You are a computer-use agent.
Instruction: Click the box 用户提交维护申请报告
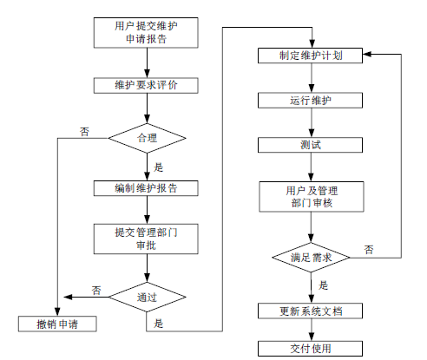(x=146, y=33)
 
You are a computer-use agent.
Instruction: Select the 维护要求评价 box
(x=146, y=85)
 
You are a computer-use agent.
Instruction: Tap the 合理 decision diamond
(x=147, y=138)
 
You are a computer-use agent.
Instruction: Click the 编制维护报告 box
(x=146, y=188)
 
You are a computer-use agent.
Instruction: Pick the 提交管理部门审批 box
(x=146, y=239)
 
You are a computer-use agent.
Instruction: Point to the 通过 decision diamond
(x=147, y=297)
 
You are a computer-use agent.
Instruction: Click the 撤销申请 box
(x=57, y=324)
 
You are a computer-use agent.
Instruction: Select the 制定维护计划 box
(x=310, y=56)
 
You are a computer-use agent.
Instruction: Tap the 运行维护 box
(x=310, y=101)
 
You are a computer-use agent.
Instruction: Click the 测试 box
(x=310, y=145)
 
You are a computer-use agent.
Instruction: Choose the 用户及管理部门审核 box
(x=312, y=197)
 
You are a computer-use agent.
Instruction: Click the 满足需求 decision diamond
(x=311, y=258)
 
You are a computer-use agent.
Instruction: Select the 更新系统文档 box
(x=310, y=311)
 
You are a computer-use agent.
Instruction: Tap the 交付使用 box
(x=310, y=349)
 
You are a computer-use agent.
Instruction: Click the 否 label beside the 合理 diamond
(x=84, y=132)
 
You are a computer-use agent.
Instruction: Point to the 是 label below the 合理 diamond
(x=158, y=167)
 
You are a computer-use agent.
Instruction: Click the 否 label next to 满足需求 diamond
(x=369, y=250)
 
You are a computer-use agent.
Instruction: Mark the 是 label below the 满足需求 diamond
(x=323, y=285)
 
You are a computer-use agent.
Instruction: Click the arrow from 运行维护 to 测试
(x=312, y=122)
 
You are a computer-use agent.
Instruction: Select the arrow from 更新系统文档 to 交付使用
(x=312, y=330)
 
